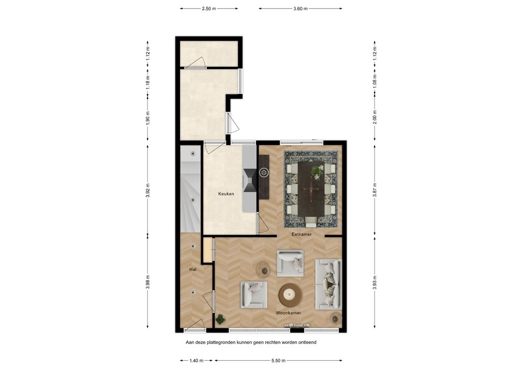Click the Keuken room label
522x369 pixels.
point(226,193)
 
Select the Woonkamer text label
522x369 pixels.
point(288,312)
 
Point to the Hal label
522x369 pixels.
point(192,269)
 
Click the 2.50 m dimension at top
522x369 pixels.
point(209,9)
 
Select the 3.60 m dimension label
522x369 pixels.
point(301,9)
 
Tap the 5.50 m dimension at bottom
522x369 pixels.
point(278,360)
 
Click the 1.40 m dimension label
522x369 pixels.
point(197,360)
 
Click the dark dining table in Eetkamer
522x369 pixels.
point(311,188)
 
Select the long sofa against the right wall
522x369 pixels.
point(328,283)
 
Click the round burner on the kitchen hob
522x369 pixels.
point(264,173)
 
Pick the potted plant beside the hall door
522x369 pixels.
point(220,319)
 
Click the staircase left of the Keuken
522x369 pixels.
point(190,190)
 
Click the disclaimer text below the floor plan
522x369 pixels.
point(251,342)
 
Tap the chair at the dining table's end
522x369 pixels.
point(311,221)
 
